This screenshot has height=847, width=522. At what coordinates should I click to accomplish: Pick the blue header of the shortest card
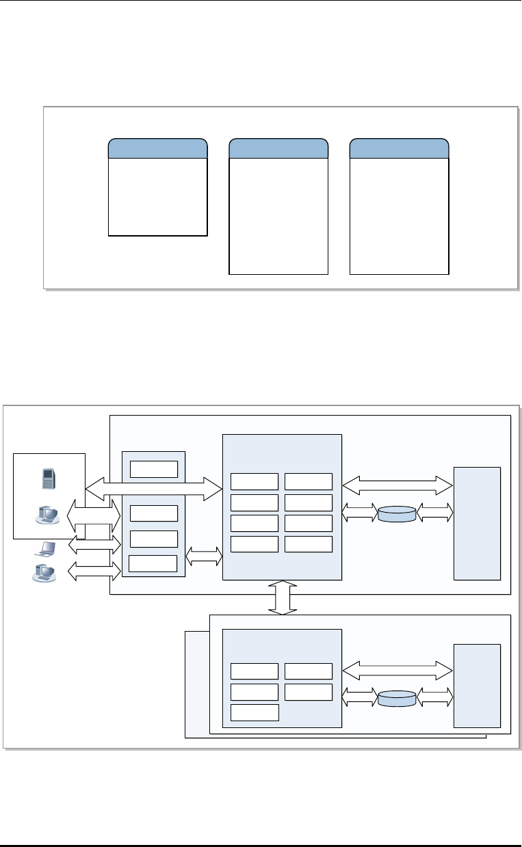coord(158,148)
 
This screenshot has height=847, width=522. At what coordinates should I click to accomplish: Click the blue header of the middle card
coord(278,148)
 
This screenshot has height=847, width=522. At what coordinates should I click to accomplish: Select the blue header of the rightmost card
coord(399,148)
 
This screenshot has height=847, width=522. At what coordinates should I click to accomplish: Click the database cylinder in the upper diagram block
coord(397,513)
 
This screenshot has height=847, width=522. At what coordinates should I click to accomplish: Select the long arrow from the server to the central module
coord(154,487)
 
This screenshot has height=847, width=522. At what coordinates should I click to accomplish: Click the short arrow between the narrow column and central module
coord(204,555)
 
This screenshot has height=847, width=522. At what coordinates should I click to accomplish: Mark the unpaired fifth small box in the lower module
coord(255,712)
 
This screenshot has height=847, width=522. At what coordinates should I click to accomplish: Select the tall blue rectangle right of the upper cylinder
coord(477,523)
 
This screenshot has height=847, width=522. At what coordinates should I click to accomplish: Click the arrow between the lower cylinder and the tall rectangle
coord(434,697)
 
